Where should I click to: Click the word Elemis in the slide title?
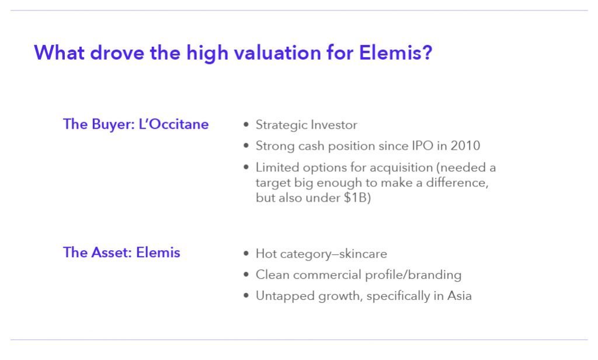[391, 53]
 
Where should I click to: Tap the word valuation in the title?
[277, 53]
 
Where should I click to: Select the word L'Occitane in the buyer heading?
[173, 124]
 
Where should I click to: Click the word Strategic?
[281, 125]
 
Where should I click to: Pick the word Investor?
[334, 125]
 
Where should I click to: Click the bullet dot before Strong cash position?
[246, 146]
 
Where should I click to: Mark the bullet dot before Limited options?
[246, 167]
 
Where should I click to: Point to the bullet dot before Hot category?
[246, 254]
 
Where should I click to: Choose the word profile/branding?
[413, 275]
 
